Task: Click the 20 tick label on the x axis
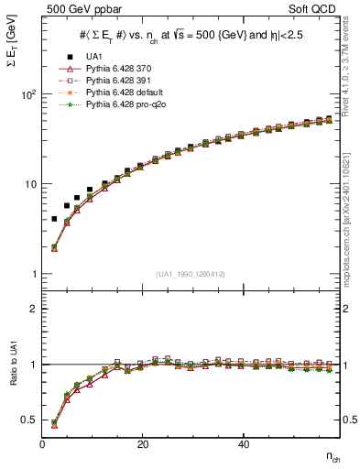[x=142, y=444]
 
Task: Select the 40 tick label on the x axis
[x=243, y=444]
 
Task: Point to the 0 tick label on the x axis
[x=42, y=444]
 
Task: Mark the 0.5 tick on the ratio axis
[x=29, y=420]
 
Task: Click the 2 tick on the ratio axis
[x=33, y=309]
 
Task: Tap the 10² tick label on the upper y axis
[x=28, y=94]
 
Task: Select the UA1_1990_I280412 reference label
[x=189, y=273]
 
